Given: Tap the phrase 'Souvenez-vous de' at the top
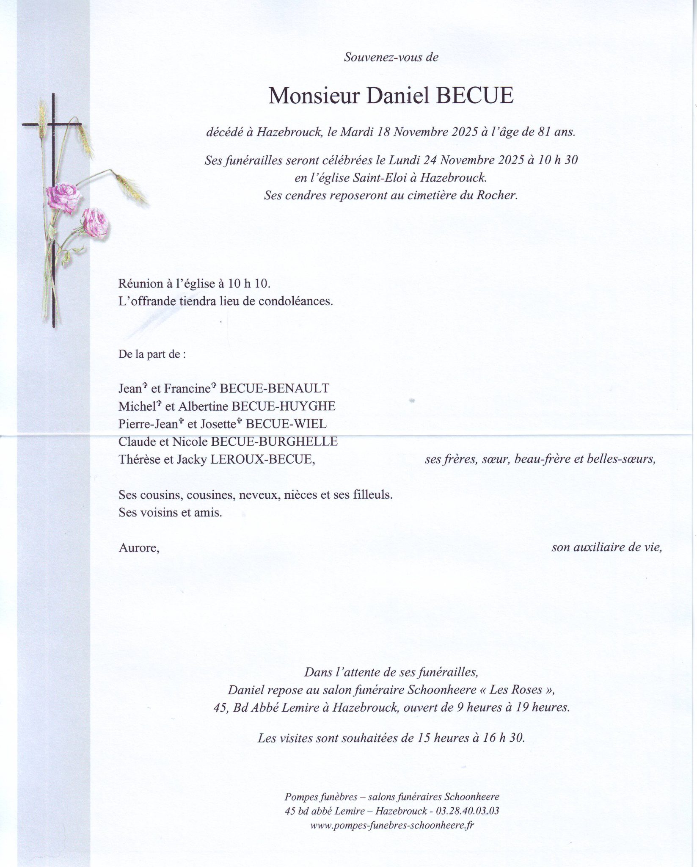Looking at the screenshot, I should click(391, 58).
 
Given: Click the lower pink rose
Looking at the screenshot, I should click(95, 222).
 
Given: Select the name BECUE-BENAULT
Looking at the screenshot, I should click(274, 388).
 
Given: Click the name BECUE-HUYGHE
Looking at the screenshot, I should click(283, 406).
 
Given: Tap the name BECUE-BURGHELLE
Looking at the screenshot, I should click(274, 442).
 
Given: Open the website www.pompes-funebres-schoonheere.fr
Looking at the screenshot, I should click(392, 825).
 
